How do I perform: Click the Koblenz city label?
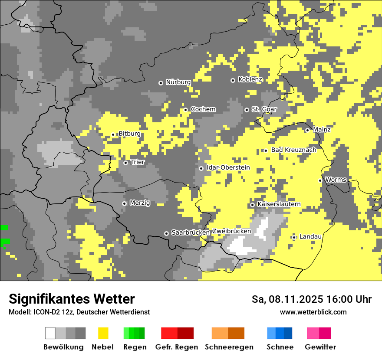tap(250, 80)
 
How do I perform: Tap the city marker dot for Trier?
tap(125, 163)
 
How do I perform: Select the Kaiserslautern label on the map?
tap(279, 204)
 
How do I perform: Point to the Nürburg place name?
tap(178, 82)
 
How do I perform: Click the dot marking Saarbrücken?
tap(166, 233)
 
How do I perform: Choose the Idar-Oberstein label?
tap(228, 168)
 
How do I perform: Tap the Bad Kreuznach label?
tap(293, 150)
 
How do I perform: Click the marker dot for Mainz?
tap(307, 130)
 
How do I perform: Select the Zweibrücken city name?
tap(231, 232)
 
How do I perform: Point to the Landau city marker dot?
tap(294, 237)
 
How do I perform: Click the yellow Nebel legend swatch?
tap(103, 333)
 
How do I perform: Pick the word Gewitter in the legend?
tap(320, 347)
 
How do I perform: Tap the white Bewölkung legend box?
tap(50, 333)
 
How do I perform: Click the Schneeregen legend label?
tap(229, 347)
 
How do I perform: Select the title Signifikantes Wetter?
tap(72, 299)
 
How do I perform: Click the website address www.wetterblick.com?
tap(313, 312)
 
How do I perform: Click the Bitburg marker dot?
tap(113, 134)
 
